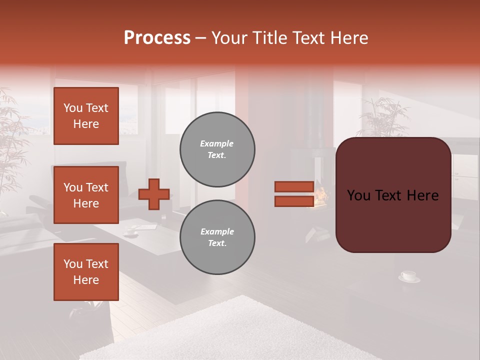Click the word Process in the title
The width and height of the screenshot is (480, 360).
click(157, 38)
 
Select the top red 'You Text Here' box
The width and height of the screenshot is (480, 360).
click(86, 116)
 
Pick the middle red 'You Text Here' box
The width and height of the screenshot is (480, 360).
click(86, 195)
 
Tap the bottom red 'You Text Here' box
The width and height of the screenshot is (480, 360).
click(86, 271)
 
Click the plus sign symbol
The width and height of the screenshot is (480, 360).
click(154, 194)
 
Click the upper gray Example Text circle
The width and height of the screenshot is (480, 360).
click(217, 149)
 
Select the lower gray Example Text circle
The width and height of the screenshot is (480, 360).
click(217, 237)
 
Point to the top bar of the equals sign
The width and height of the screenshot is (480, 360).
click(294, 186)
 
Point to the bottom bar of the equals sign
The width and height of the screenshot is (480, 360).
click(294, 201)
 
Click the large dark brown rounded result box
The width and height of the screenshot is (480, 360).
click(393, 195)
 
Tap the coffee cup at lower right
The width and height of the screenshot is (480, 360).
click(409, 276)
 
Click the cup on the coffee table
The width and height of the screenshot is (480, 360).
click(131, 232)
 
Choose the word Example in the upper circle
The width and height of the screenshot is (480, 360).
click(216, 143)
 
